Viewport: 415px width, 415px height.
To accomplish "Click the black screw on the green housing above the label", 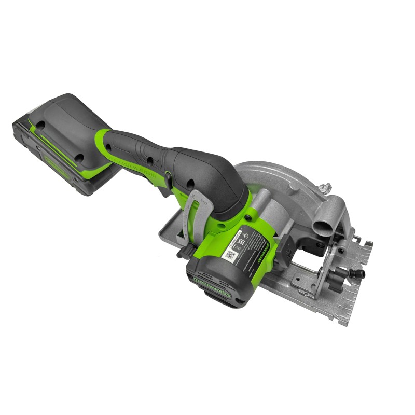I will point(252,213).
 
